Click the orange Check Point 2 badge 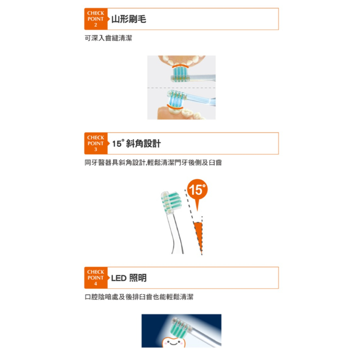pos(96,19)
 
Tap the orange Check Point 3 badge pos(96,143)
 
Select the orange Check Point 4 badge pos(96,278)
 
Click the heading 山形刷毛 pos(129,19)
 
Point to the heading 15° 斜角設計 pos(136,143)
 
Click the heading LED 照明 pos(129,278)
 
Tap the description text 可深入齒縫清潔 pos(108,38)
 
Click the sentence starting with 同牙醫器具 pos(153,163)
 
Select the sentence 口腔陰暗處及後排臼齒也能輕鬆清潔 pos(139,297)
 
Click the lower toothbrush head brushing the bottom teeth pos(177,99)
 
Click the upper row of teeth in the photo pos(182,60)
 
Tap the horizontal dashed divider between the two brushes pos(181,88)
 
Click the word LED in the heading pos(119,278)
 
